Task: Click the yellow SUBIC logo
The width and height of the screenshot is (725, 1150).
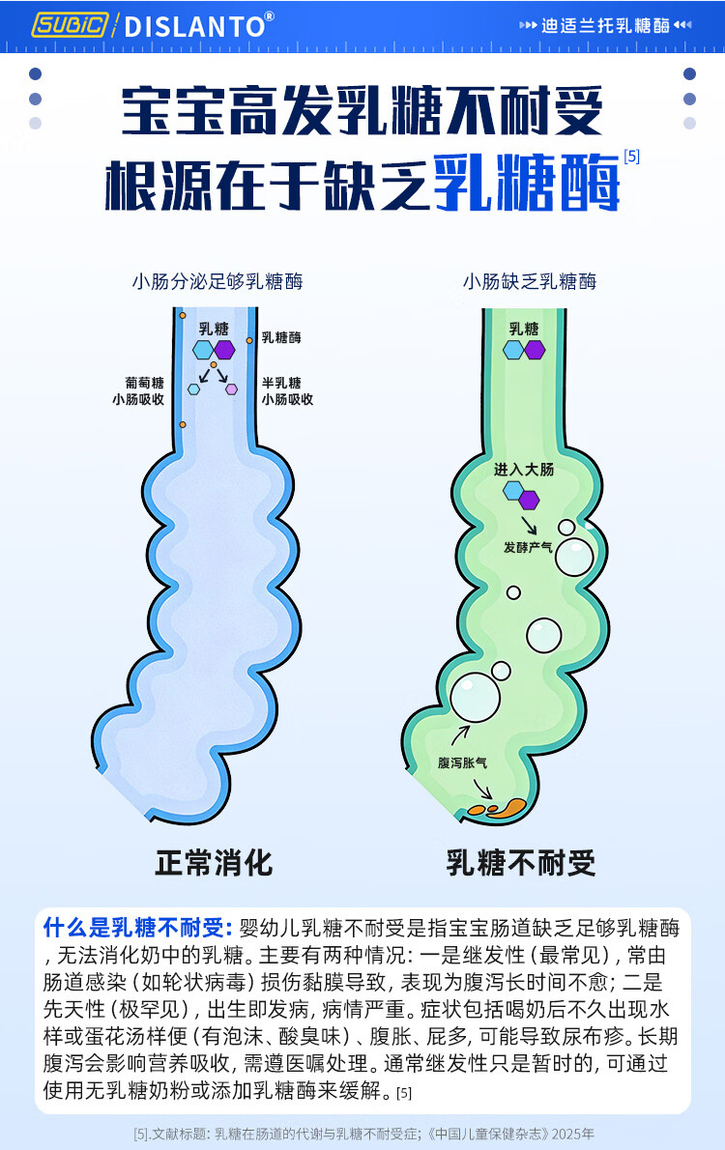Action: click(x=71, y=25)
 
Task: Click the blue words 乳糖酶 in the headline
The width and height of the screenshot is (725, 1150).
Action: click(x=526, y=181)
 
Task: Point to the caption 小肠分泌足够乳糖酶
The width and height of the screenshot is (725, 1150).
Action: click(x=217, y=282)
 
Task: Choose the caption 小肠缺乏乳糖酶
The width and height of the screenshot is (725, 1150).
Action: click(x=530, y=282)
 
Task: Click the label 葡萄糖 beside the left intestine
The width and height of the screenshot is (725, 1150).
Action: click(x=144, y=383)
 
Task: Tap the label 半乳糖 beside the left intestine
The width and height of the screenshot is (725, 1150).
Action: click(x=281, y=383)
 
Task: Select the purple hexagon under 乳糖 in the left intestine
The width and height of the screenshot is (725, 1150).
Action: click(x=224, y=350)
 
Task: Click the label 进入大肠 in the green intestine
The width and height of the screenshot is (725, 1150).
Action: click(x=524, y=470)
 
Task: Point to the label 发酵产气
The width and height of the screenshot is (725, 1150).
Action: click(x=528, y=547)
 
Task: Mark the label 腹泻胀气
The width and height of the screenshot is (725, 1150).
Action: click(x=462, y=762)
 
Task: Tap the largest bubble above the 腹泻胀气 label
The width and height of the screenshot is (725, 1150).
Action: click(x=475, y=697)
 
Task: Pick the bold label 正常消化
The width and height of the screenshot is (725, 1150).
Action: click(x=215, y=862)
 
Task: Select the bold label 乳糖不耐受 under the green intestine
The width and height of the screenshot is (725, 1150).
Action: click(x=521, y=862)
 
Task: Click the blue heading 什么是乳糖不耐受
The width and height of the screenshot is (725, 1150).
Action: click(x=137, y=929)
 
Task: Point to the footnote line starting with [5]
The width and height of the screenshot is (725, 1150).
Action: click(x=363, y=1134)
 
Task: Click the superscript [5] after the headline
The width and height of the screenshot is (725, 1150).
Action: click(x=631, y=155)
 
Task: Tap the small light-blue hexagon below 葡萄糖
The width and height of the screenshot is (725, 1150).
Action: click(x=194, y=389)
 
